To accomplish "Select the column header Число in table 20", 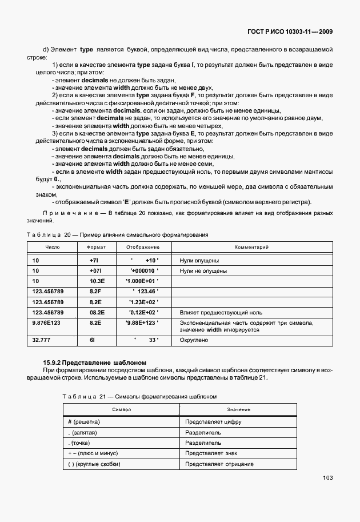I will [53, 247].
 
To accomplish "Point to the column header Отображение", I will [142, 247].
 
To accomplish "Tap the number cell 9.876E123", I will [47, 323].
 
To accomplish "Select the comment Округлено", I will [194, 340].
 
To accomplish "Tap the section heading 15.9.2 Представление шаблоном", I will [95, 362].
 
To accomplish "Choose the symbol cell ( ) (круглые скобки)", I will [94, 464].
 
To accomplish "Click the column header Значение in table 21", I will [238, 409].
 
